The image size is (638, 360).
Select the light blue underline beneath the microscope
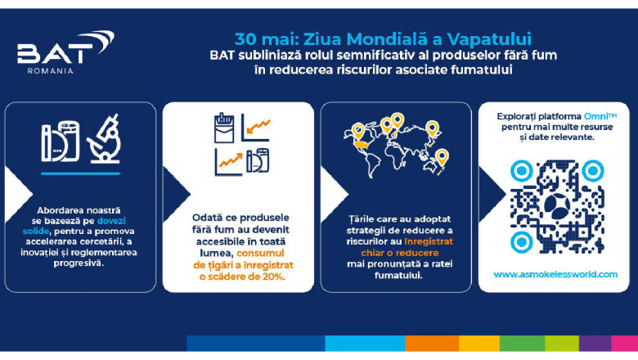click(80, 173)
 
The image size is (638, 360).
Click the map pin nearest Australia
click(442, 156)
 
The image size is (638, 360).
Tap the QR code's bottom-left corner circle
click(521, 242)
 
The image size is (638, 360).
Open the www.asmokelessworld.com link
click(555, 274)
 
